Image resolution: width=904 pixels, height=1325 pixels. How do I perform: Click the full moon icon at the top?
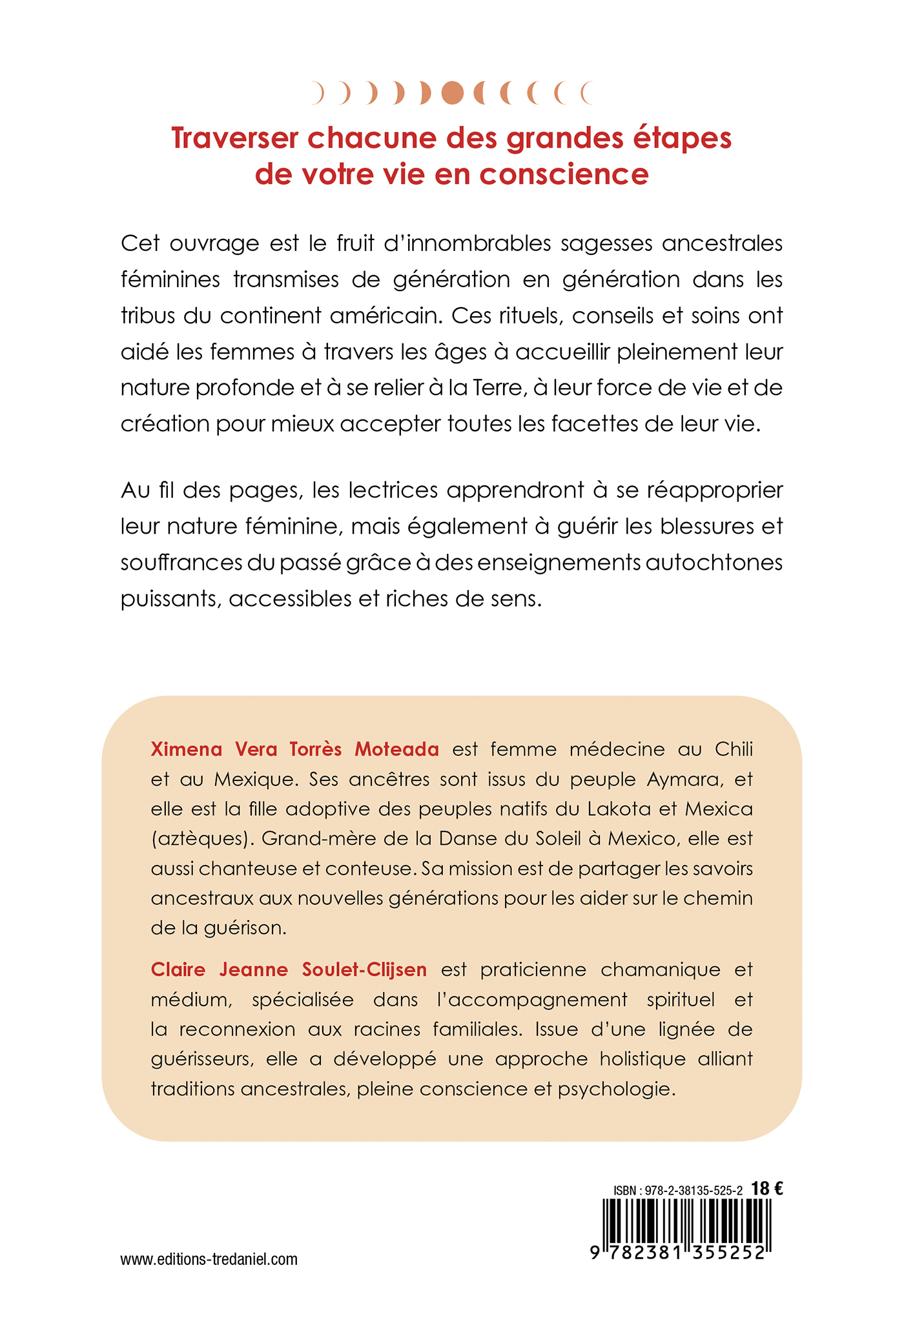pos(452,93)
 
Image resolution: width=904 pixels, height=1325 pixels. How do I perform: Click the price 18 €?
pos(768,1188)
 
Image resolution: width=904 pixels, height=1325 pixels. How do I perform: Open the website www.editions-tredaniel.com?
pos(209,1259)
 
